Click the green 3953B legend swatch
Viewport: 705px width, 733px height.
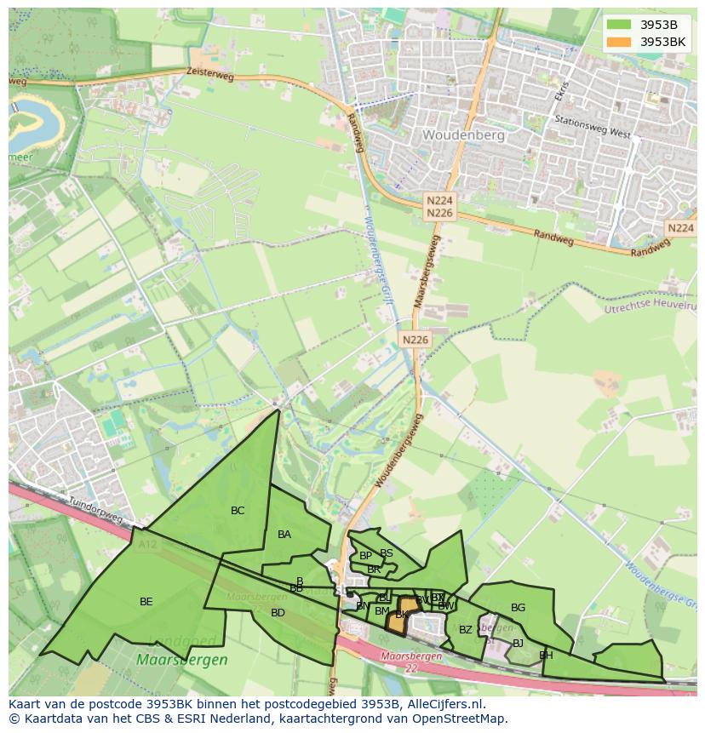[x=619, y=25]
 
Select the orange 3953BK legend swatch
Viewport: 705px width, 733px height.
[x=619, y=42]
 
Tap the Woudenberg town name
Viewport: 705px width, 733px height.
[x=463, y=135]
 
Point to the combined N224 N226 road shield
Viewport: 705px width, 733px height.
[x=440, y=206]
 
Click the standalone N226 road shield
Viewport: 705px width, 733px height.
[x=416, y=340]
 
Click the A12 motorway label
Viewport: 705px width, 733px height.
[x=147, y=542]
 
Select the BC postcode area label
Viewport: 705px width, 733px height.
[x=238, y=511]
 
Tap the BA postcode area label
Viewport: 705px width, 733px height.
[x=284, y=535]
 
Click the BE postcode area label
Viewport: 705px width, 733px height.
[x=146, y=602]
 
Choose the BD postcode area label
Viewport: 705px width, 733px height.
[x=278, y=613]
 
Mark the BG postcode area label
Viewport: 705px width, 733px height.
[x=518, y=608]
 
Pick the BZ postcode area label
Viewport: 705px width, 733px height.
[x=465, y=630]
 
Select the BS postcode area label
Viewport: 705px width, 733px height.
[x=387, y=553]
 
